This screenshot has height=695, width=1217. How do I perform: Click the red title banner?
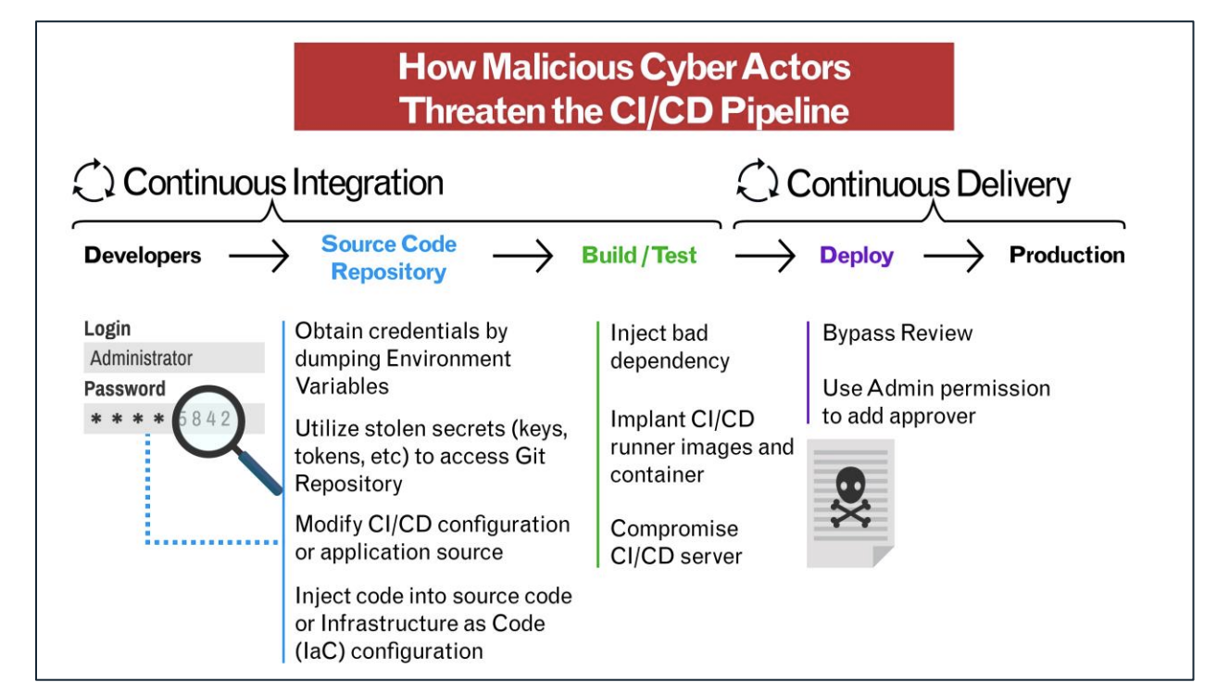click(x=623, y=88)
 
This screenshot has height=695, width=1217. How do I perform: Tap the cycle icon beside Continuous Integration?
click(x=94, y=183)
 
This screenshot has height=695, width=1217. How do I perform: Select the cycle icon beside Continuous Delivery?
click(x=757, y=183)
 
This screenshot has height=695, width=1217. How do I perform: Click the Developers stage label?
click(x=143, y=255)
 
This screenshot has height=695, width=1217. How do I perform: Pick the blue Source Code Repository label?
click(x=389, y=258)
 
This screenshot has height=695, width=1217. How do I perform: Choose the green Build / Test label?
click(x=639, y=255)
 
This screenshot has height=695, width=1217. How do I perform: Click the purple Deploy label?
click(x=857, y=255)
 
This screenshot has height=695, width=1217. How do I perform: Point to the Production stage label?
click(x=1067, y=255)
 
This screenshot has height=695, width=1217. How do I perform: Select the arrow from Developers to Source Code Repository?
click(x=258, y=257)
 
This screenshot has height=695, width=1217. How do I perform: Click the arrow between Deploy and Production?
click(x=953, y=257)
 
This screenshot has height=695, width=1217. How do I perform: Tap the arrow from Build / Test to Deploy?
click(x=765, y=257)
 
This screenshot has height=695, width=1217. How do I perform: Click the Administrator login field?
click(x=174, y=358)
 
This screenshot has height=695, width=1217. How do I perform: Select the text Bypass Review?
click(x=897, y=333)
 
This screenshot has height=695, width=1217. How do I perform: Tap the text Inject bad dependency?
click(x=670, y=347)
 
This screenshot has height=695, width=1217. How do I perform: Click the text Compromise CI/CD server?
click(x=676, y=542)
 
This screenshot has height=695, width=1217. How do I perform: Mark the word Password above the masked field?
click(x=125, y=389)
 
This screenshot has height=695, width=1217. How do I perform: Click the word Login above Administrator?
click(x=107, y=329)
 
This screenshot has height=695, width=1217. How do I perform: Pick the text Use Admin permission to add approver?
click(x=935, y=402)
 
